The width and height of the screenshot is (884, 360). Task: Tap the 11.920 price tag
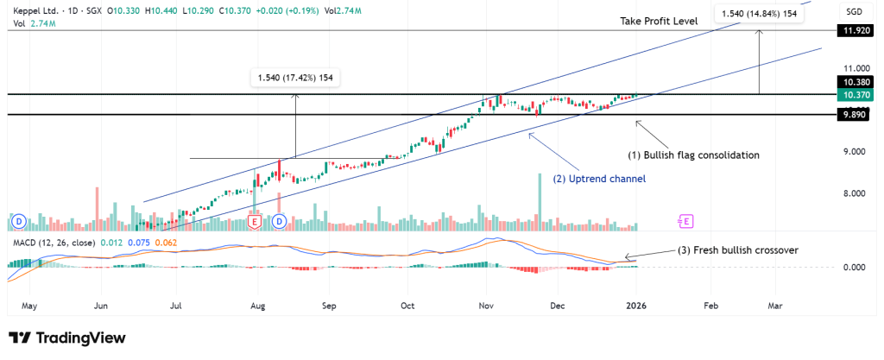tap(854, 31)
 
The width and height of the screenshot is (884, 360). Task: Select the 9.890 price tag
tap(854, 114)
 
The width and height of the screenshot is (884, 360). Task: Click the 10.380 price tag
tap(854, 82)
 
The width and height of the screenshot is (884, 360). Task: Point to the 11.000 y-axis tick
tap(854, 67)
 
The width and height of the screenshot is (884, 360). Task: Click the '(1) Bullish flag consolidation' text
tap(693, 155)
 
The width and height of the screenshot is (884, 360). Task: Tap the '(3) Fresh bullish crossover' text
tap(736, 250)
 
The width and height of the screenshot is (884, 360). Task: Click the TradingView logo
tap(66, 338)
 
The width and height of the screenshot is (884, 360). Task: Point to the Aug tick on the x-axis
tap(256, 306)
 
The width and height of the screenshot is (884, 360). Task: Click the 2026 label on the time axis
tap(636, 306)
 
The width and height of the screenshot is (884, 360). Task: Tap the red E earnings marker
tap(255, 222)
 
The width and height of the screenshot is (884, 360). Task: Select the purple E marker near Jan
tap(686, 222)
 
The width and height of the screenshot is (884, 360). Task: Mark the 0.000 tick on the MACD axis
tap(854, 268)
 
